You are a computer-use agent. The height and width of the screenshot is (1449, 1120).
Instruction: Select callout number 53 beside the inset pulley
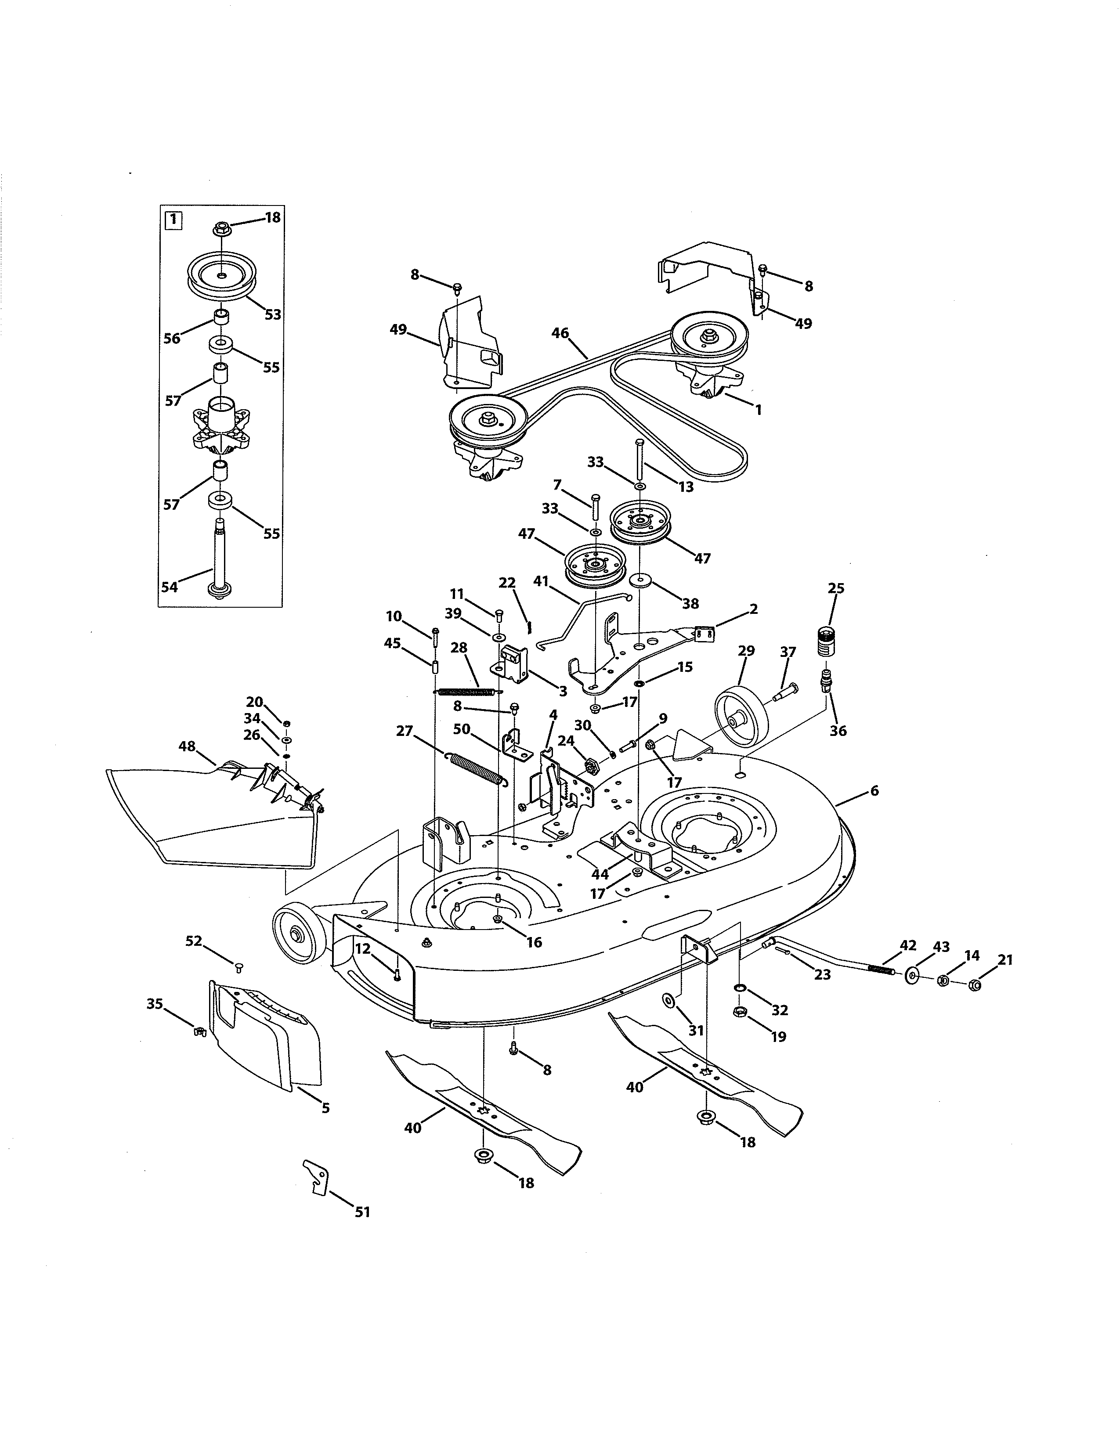273,314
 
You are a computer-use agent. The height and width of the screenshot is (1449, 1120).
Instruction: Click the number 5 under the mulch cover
325,1108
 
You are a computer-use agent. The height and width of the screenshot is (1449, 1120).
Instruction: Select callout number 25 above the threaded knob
836,588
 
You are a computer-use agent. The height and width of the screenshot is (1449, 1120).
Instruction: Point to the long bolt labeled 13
639,465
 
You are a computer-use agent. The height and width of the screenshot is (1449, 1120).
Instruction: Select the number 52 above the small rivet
193,941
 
